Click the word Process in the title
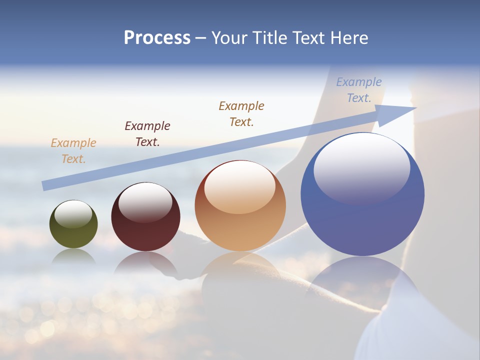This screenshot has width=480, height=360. (x=157, y=38)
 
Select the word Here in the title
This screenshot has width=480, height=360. (x=348, y=38)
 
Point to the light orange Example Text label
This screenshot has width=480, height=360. (x=73, y=151)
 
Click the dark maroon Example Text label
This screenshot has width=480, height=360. (x=147, y=134)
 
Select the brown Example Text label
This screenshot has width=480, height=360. (x=241, y=113)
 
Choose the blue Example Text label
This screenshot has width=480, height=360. (x=359, y=90)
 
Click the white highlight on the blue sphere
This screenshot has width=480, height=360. (x=361, y=168)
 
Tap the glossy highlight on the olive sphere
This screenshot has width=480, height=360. (x=73, y=214)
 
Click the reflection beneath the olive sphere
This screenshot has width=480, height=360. (x=73, y=257)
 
